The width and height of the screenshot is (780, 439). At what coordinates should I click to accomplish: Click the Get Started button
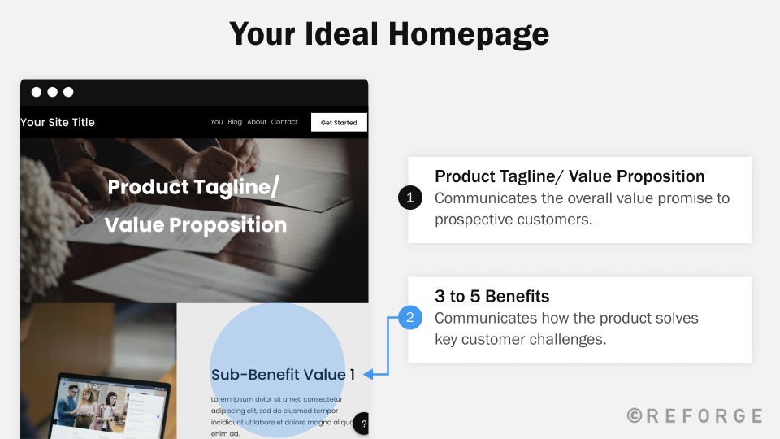click(339, 123)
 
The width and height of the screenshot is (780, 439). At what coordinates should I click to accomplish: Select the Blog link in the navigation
click(235, 122)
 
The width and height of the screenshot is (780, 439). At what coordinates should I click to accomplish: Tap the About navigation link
click(257, 122)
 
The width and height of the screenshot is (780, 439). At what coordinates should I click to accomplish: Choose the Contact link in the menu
click(284, 122)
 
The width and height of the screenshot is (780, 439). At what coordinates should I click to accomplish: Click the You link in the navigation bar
click(216, 122)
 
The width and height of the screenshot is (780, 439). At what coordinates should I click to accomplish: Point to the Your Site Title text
click(57, 123)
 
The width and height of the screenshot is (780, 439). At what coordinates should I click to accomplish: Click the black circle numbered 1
click(409, 198)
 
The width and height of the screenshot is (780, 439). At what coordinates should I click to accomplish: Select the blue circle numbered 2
click(409, 318)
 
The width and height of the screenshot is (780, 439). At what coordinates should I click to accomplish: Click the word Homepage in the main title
click(469, 35)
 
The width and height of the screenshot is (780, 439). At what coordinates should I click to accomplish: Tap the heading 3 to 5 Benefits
click(492, 296)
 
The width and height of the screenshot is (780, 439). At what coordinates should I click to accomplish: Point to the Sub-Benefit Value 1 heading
click(283, 374)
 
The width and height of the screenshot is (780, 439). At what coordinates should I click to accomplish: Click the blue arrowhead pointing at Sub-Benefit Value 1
click(368, 374)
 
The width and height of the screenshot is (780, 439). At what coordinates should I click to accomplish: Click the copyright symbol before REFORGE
click(635, 415)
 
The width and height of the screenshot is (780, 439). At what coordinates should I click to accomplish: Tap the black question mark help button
click(362, 424)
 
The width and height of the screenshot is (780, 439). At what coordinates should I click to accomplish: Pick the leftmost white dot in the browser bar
click(37, 92)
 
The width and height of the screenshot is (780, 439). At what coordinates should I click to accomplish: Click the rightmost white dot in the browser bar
click(68, 92)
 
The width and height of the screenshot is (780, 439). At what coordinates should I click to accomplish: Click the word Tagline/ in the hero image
click(236, 188)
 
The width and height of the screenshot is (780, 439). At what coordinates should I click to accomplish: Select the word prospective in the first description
click(473, 219)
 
